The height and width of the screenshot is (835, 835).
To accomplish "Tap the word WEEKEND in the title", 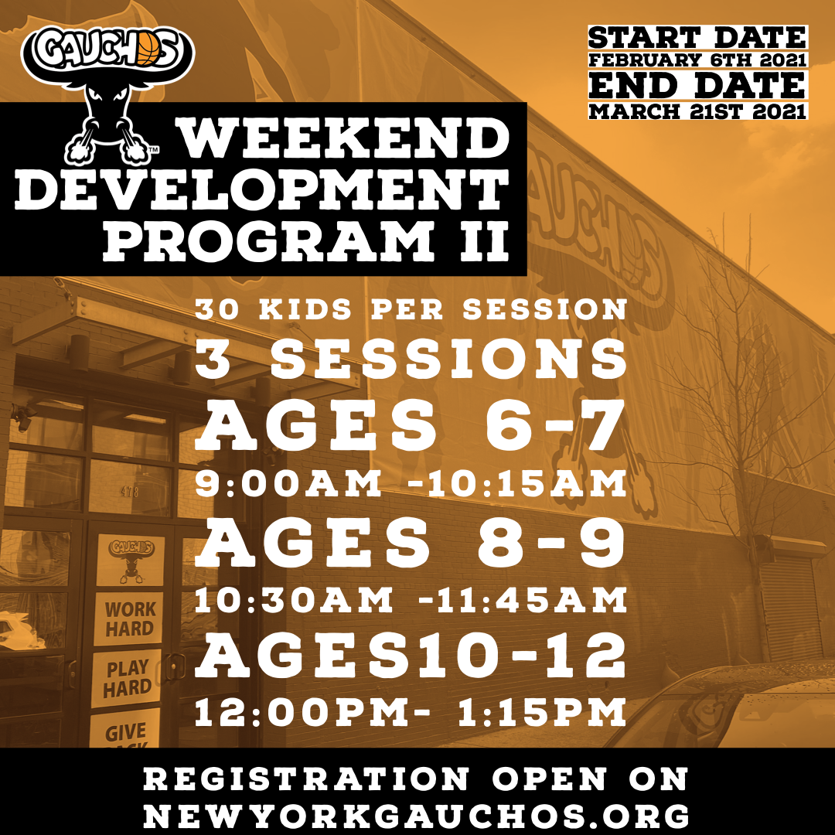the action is coord(343,139).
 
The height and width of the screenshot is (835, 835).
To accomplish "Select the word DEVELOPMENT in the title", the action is coord(262,190).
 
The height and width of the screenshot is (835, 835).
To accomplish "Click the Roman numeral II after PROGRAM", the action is coord(484,240).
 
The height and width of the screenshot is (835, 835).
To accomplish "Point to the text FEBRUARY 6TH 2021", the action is coord(697,60).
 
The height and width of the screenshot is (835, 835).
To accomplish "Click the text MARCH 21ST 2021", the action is coord(697,111).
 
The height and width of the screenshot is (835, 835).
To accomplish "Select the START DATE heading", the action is coord(697,38).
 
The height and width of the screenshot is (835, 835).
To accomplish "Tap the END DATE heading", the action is coord(697,85).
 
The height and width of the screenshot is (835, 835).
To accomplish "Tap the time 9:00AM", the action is coord(288,483).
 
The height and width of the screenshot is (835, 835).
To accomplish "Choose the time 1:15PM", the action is coord(541,713).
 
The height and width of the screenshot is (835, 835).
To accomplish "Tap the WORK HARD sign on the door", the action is coord(129,619).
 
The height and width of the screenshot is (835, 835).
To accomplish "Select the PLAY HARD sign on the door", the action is coord(127,678).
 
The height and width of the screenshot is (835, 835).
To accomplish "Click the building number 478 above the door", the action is coord(129,491).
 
